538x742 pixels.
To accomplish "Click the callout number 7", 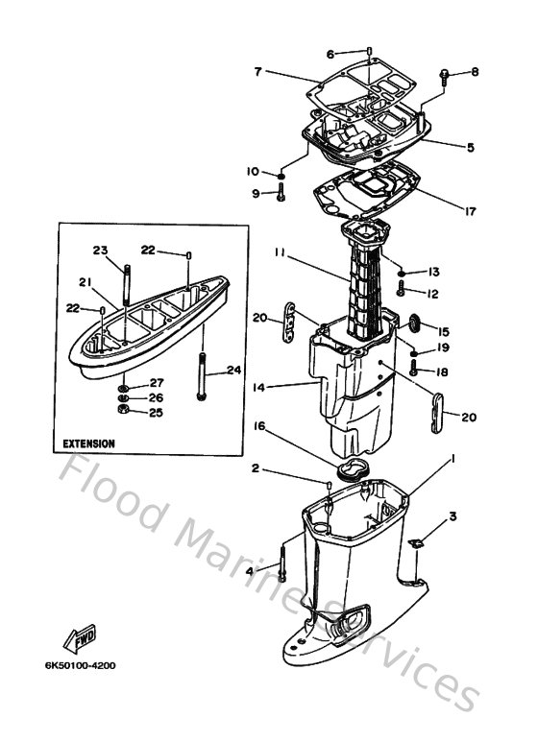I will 258,71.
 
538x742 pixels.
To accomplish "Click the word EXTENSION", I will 89,444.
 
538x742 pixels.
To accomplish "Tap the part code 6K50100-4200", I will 78,663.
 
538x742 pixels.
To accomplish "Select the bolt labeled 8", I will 445,77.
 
